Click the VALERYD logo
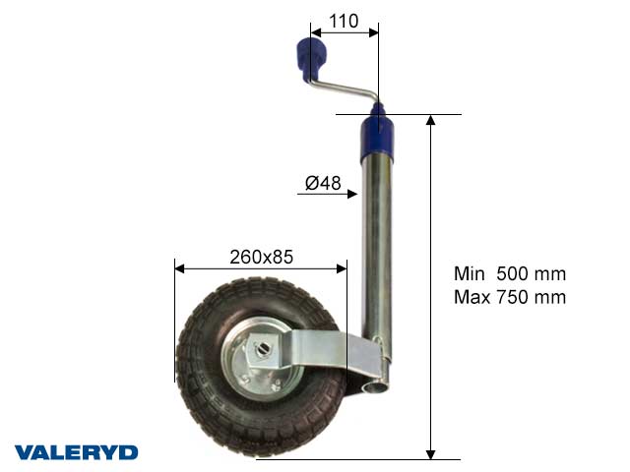click(x=76, y=452)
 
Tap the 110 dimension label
click(x=343, y=20)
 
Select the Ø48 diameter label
click(x=323, y=182)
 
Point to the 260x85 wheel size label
click(x=261, y=257)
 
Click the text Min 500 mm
click(x=510, y=274)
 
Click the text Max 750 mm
click(x=510, y=297)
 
